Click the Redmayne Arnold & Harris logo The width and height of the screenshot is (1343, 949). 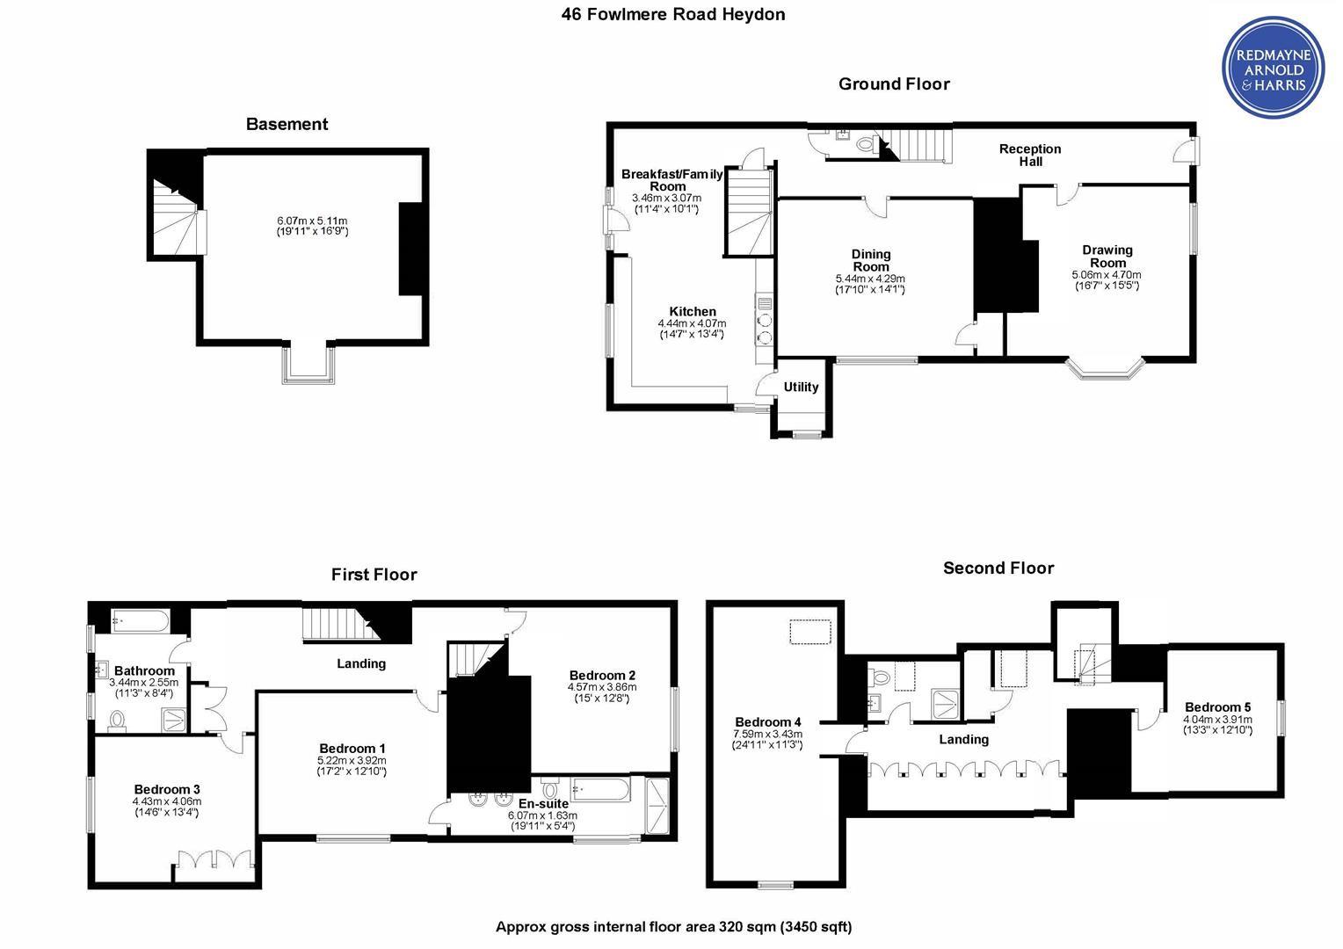point(1274,67)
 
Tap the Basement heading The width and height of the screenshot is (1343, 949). point(287,124)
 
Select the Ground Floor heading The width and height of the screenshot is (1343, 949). point(894,84)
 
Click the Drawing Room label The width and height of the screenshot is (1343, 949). point(1107,256)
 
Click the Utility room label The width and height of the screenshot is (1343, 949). point(801,388)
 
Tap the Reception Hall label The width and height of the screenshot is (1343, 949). point(1030,155)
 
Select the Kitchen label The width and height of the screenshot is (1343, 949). point(693,312)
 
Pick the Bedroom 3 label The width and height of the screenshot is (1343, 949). point(167,790)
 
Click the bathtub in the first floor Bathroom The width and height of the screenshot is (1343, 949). point(141,621)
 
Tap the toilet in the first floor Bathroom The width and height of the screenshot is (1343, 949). point(117,721)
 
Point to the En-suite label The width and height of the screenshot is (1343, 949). point(543,804)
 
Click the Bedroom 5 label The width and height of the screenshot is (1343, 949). point(1217,707)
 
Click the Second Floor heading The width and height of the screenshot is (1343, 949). point(998,569)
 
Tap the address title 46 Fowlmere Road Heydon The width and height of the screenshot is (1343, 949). point(672,14)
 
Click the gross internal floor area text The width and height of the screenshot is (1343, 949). point(673,927)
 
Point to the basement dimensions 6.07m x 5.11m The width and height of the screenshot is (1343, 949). point(312,226)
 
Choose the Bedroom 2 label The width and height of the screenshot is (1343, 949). point(602,676)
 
